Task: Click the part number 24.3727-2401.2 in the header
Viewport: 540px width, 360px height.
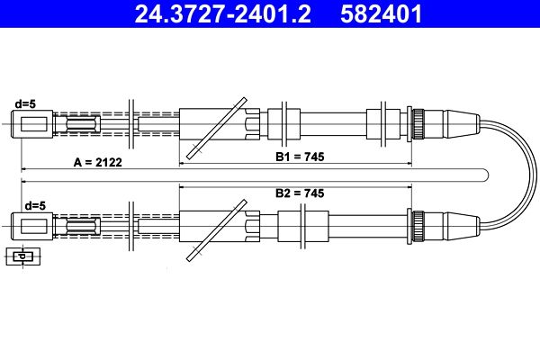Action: tap(223, 13)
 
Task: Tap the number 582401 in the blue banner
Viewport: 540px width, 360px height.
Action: tap(381, 13)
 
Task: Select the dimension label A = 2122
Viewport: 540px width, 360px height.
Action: tap(98, 162)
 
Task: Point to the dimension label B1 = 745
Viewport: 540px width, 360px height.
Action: tap(300, 157)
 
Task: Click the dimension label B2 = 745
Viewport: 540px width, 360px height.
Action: tap(300, 193)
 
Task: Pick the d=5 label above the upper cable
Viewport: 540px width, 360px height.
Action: tap(25, 103)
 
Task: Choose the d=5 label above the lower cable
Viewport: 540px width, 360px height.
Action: tap(35, 206)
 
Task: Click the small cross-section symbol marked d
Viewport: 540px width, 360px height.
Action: tap(23, 256)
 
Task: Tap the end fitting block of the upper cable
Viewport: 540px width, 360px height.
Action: tap(32, 124)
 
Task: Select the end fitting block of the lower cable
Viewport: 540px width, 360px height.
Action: tap(32, 226)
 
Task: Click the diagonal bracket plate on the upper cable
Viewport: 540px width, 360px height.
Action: tap(217, 128)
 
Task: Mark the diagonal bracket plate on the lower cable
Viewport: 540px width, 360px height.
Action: tap(217, 230)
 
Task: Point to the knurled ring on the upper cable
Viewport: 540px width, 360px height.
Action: tap(418, 124)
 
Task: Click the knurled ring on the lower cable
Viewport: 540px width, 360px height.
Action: tap(418, 226)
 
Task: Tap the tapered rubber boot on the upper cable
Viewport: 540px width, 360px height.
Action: tap(462, 124)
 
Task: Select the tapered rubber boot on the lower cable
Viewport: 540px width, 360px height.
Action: tap(462, 226)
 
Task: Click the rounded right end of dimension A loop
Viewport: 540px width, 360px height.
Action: tap(488, 175)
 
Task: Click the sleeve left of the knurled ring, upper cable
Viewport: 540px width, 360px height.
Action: tap(383, 124)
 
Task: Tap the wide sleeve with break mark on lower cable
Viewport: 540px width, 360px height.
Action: tap(303, 226)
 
